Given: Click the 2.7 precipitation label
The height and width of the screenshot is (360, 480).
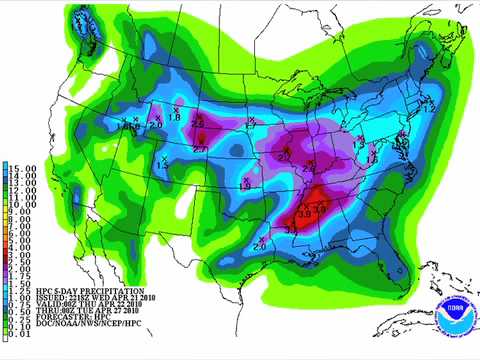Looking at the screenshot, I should tap(200, 149).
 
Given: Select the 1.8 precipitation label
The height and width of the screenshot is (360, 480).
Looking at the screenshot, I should tap(174, 118).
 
